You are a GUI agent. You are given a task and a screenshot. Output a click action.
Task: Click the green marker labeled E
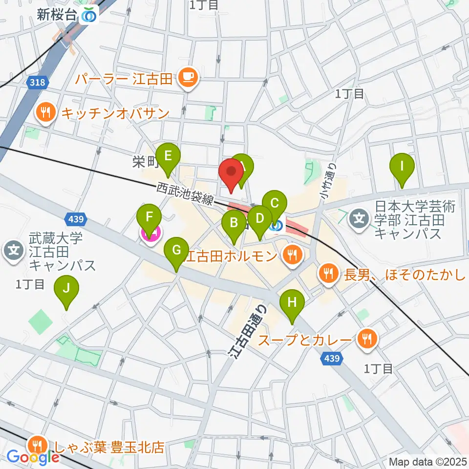pos(168,156)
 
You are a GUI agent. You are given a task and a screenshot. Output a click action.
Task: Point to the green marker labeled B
pos(234,224)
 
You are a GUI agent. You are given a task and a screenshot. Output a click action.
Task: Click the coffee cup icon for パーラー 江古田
pos(188,77)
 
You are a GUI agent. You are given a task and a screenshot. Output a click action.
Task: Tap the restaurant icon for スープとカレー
pos(366,338)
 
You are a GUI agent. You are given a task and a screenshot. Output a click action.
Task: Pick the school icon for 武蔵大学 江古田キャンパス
pos(14,252)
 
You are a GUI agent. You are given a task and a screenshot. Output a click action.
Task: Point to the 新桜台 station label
pos(57,15)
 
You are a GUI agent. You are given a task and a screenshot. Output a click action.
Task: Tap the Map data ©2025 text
pos(427,461)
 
